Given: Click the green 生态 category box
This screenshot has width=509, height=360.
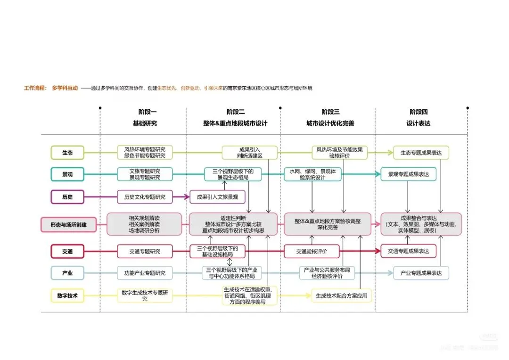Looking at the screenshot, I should point(67,153).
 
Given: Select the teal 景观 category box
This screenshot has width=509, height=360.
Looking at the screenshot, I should point(67,174).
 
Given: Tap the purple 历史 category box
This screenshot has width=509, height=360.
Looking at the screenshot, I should point(67,196).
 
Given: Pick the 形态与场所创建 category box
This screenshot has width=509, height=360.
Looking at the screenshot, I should point(69,225).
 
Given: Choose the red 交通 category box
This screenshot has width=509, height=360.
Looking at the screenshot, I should point(67,252).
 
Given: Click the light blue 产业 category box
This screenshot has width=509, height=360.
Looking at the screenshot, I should point(67,273).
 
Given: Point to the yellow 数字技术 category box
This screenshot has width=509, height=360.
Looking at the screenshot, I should point(67,296).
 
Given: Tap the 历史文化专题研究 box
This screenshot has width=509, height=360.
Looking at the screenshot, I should point(145,196).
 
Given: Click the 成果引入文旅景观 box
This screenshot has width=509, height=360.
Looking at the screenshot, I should point(214,196).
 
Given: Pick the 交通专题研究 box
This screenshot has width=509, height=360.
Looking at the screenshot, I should point(145,252).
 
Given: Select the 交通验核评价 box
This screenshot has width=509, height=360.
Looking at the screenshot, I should point(312,252).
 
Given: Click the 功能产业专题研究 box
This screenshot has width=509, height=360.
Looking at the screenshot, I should point(145,273).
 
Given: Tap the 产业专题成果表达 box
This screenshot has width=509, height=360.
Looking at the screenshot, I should point(421,273).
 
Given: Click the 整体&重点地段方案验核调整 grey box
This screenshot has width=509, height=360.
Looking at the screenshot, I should point(327,224).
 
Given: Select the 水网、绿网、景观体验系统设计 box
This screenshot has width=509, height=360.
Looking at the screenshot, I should point(312,174).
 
